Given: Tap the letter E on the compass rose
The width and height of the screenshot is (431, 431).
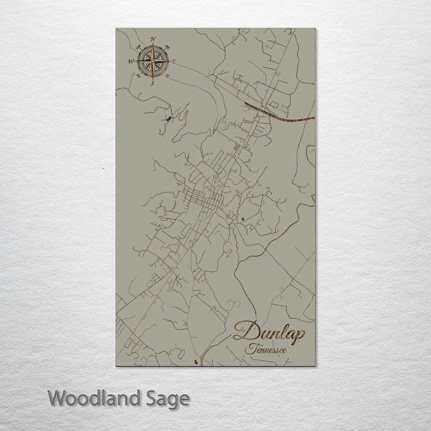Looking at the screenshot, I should coord(174,62).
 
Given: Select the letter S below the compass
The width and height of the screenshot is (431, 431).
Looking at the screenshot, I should coord(152,83).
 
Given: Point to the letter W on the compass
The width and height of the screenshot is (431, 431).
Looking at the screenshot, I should coord(130,61).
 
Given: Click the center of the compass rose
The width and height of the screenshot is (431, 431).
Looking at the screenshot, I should coord(153,61).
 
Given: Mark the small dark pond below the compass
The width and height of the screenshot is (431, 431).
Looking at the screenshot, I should coord(168,119).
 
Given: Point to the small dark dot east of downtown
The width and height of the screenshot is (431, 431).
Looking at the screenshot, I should coord(242,220).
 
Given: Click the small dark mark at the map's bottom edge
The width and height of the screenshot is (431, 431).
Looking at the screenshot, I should coord(198,362).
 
